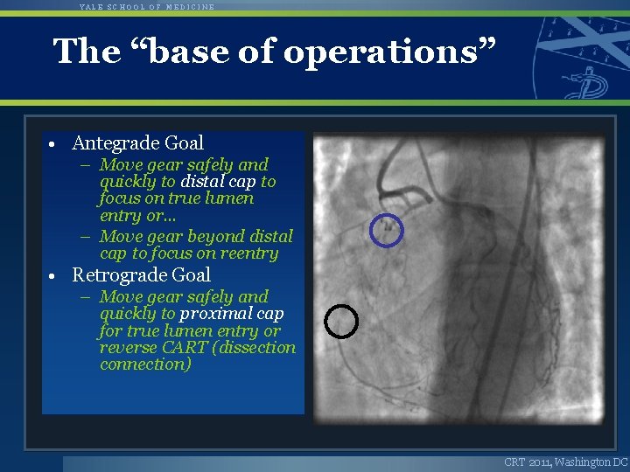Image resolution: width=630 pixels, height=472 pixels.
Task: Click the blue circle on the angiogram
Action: [386, 231]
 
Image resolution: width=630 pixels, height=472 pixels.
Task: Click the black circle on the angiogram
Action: [341, 322]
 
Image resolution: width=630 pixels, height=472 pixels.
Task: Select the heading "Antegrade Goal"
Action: [137, 142]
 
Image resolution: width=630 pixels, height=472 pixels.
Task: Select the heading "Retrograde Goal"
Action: [141, 275]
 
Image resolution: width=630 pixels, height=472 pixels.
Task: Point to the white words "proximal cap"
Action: [231, 314]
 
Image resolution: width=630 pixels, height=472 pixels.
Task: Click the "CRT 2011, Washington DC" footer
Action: [565, 462]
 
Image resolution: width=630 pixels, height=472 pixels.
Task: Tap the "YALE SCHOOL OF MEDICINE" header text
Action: [146, 6]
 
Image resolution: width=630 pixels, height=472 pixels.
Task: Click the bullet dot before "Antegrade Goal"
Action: [54, 144]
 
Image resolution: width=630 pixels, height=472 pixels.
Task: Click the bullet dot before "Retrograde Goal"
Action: [54, 277]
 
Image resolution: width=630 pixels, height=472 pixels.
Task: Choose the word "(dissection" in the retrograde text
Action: [254, 347]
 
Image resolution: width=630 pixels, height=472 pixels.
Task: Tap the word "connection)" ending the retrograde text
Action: [145, 364]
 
